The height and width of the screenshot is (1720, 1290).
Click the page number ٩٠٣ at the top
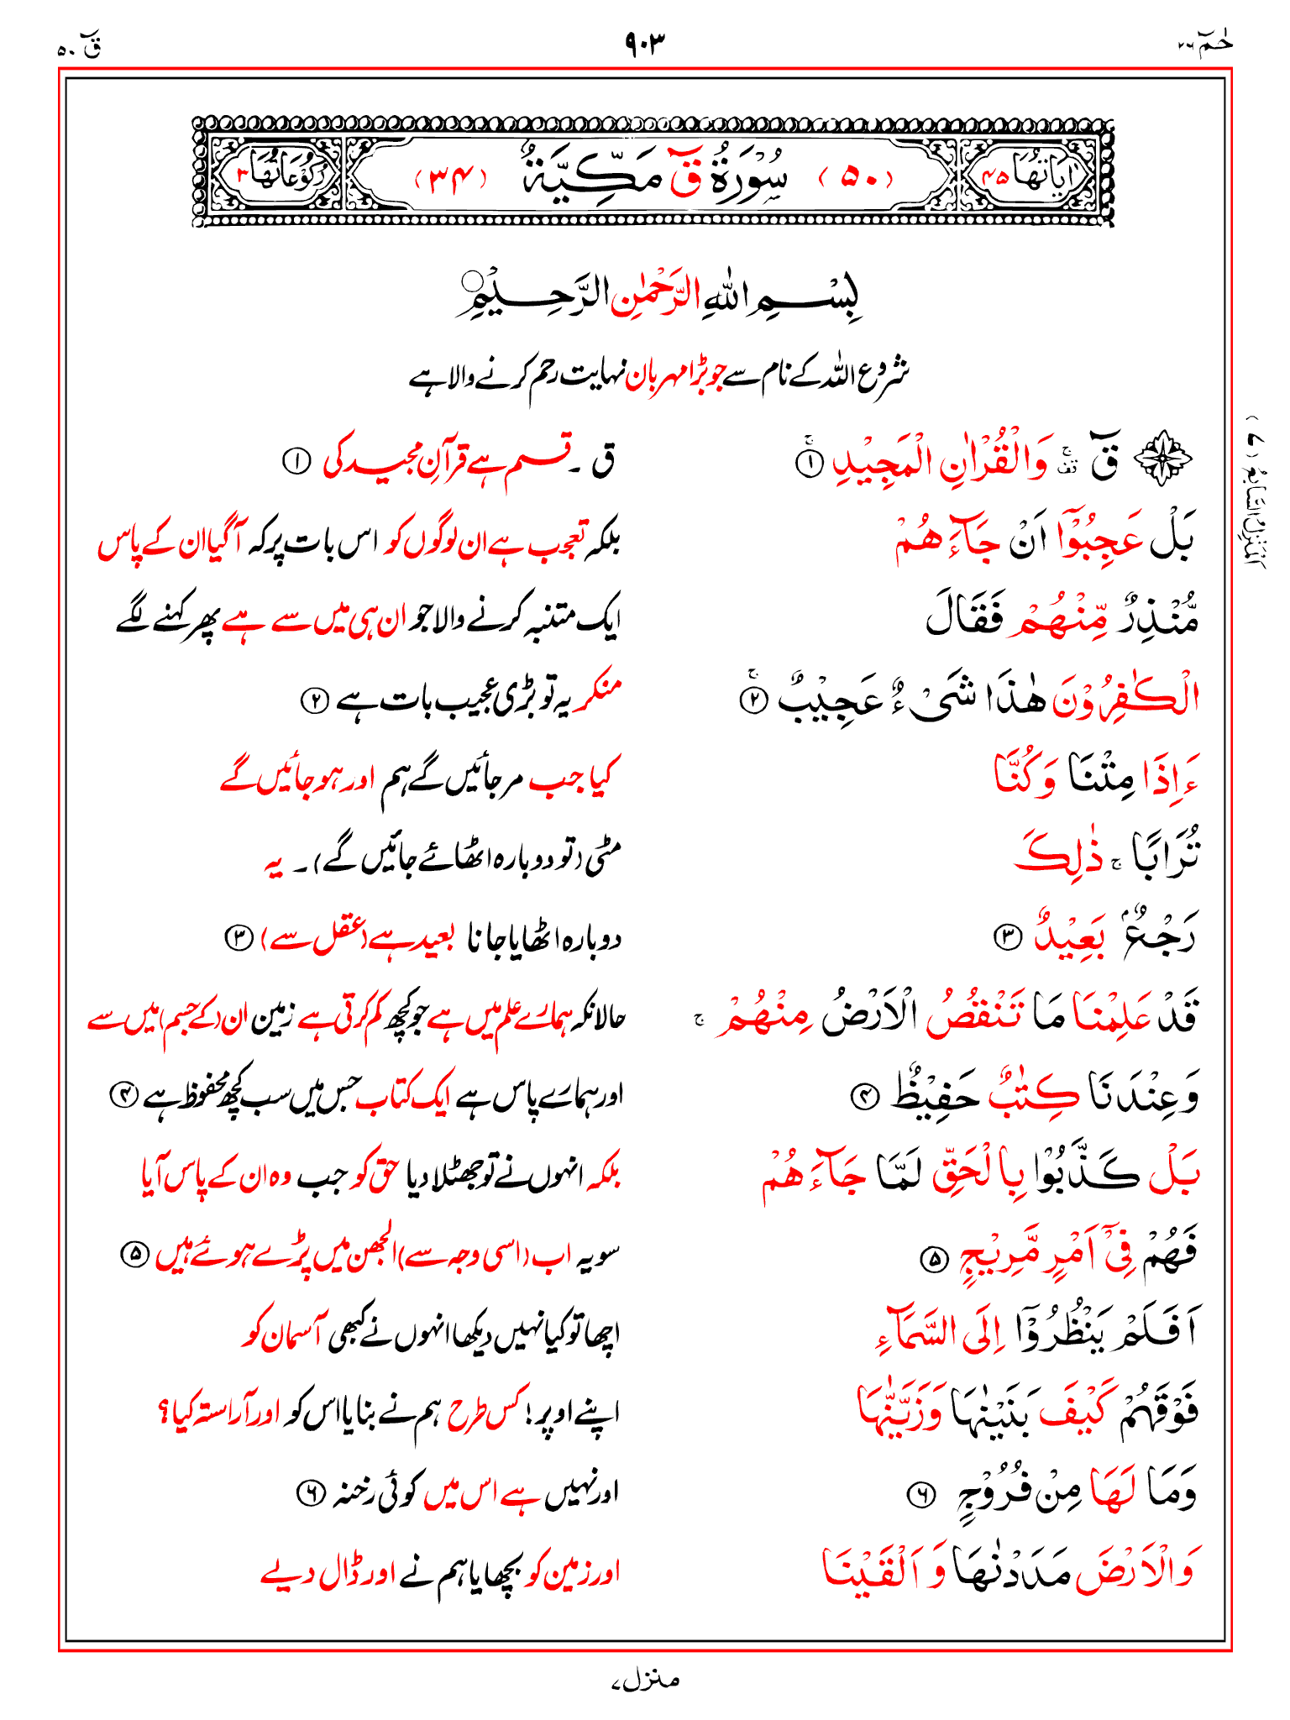tap(644, 40)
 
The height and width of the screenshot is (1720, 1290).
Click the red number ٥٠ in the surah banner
tap(857, 178)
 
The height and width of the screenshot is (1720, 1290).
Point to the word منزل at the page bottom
tap(646, 1680)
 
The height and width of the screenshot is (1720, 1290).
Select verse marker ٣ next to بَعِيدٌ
tap(1006, 936)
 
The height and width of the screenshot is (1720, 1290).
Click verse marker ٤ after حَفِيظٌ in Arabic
tap(865, 1095)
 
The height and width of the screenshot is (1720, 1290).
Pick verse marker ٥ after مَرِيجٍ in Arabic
tap(932, 1258)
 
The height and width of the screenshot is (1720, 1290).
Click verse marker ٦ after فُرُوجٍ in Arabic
tap(921, 1494)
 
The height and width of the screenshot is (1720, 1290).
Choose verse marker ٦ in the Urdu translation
tap(310, 1492)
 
